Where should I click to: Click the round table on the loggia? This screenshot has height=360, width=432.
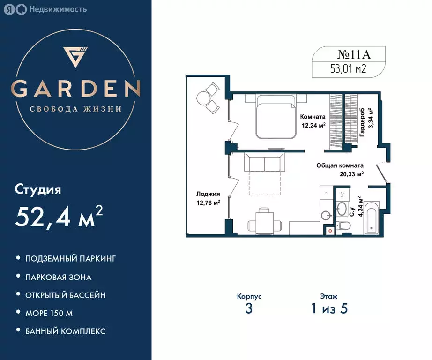204,98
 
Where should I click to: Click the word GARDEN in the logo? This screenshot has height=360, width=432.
75,89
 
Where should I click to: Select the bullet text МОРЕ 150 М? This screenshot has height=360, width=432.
49,313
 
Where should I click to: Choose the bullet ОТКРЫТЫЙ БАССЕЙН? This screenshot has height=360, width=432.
65,295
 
